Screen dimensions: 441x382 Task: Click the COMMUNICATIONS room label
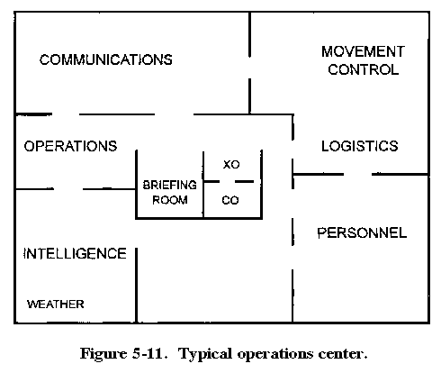106,59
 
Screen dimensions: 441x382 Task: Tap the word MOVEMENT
363,51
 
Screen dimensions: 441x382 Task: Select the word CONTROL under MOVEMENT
363,69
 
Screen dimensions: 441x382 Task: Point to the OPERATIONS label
70,146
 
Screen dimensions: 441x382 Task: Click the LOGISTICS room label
360,146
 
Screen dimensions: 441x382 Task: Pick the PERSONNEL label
362,232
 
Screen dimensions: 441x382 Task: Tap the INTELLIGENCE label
75,253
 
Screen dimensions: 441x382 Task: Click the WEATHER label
56,305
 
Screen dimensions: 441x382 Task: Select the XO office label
231,165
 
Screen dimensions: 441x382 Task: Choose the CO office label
230,200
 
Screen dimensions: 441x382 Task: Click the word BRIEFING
170,185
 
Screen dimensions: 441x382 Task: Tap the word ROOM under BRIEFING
170,200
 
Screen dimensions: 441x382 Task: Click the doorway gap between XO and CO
227,181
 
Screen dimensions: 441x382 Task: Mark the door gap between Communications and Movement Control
249,68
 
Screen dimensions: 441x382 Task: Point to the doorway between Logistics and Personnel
357,174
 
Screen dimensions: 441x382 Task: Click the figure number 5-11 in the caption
149,353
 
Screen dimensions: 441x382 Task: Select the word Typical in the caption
205,354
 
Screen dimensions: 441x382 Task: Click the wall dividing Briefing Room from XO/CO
203,184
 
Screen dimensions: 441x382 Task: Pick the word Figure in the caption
103,354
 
